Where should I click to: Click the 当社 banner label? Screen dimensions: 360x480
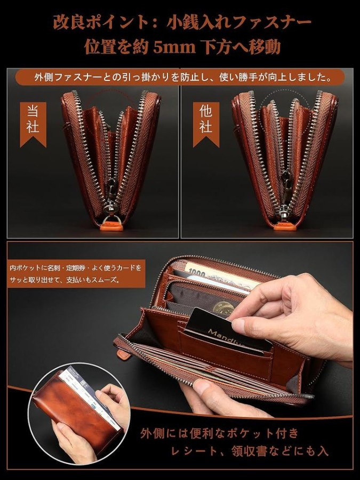click(x=33, y=124)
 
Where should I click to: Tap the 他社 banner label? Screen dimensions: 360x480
click(x=206, y=124)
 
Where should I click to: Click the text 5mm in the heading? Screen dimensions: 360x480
click(x=174, y=47)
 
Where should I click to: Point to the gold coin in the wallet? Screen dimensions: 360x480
click(x=224, y=308)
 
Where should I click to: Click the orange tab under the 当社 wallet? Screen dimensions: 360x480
click(x=111, y=227)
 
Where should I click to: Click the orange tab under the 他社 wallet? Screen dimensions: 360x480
click(x=285, y=227)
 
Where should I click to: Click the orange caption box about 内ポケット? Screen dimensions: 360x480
click(x=76, y=274)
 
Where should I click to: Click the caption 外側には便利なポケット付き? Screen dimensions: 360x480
click(x=219, y=434)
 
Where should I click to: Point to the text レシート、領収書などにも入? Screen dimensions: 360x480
click(x=250, y=451)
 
